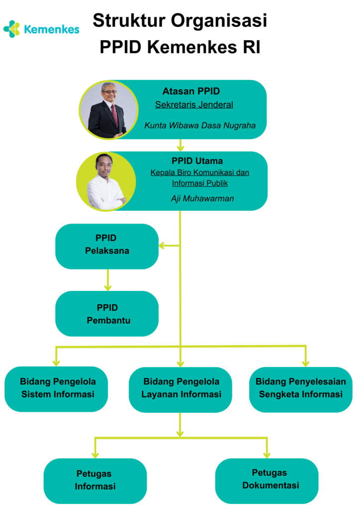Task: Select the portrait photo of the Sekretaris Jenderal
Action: point(108,109)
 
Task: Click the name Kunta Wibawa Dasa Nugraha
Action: point(200,126)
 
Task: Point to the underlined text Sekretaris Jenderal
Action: point(194,105)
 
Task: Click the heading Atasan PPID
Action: point(191,91)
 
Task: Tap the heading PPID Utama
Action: point(197,161)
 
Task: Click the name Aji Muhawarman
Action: point(201,199)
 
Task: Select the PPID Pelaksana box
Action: point(106,246)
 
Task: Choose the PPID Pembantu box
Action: point(106,314)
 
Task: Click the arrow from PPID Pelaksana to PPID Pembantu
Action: point(107,280)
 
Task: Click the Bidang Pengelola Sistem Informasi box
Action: point(56,389)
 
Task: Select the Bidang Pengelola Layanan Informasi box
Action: point(180,389)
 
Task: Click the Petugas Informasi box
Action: point(95,480)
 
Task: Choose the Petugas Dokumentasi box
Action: point(267,480)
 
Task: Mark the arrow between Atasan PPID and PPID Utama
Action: point(180,145)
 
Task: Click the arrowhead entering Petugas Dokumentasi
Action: point(267,454)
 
